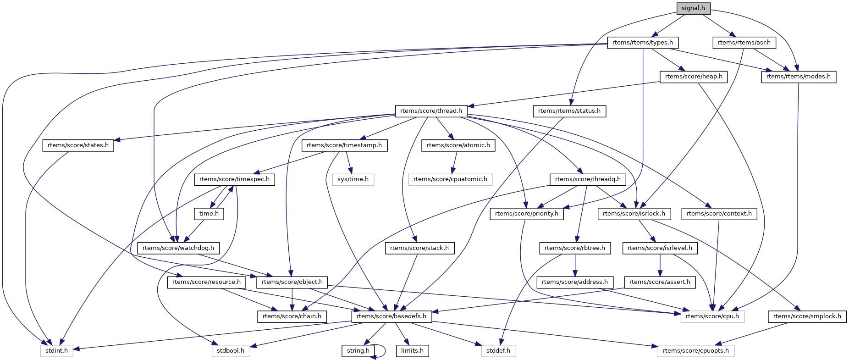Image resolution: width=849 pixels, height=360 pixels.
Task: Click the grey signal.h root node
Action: click(693, 8)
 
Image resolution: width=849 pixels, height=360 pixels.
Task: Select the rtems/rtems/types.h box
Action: click(642, 43)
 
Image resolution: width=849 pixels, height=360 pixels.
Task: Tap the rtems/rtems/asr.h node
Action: click(744, 43)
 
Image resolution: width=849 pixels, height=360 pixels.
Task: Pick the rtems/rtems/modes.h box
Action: click(798, 77)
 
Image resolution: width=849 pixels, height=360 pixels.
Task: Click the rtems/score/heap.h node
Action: click(693, 77)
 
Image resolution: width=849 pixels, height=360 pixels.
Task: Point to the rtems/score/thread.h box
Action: click(431, 111)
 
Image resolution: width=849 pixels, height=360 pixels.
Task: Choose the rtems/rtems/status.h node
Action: click(569, 111)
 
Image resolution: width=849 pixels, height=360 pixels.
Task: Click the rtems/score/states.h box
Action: click(78, 145)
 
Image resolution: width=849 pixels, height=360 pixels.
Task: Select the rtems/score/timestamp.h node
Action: click(344, 145)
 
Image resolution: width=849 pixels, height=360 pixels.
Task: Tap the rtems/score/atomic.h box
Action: click(458, 145)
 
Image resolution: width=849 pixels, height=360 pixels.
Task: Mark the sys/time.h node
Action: click(353, 179)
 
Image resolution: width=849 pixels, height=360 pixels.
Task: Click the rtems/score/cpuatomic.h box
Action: click(450, 179)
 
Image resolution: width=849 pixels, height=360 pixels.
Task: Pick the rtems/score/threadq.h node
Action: click(588, 179)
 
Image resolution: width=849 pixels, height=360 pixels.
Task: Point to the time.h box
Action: click(209, 214)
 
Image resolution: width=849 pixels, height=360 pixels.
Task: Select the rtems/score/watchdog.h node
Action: click(178, 248)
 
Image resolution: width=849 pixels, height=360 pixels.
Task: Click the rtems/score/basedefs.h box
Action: click(391, 316)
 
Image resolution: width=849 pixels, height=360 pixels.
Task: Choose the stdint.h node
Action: click(56, 351)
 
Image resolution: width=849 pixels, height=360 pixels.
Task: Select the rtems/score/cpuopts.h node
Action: click(696, 351)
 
